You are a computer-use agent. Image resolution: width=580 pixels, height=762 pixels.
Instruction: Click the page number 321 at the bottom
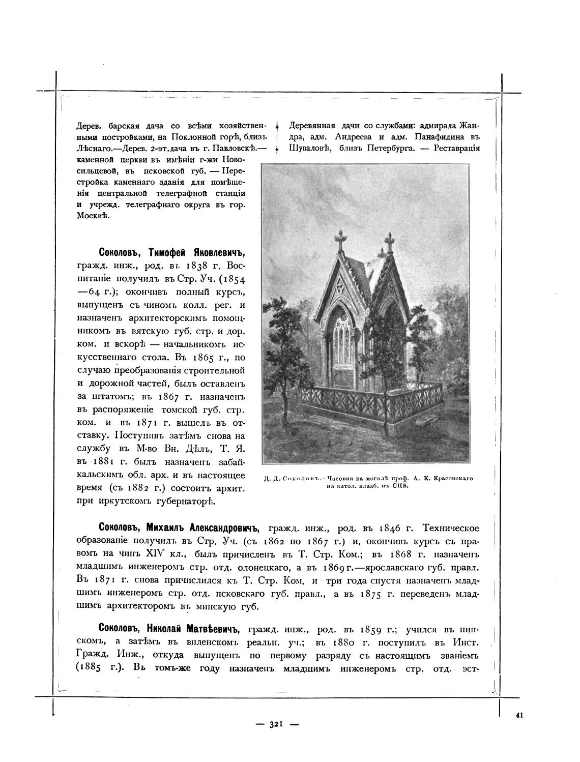tap(276, 724)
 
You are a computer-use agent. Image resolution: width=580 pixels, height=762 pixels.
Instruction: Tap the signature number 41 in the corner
tap(519, 714)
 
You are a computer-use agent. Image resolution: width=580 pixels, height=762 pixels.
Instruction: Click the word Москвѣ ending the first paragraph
tap(94, 216)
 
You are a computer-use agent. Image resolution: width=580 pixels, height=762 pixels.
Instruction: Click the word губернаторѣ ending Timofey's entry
tap(188, 502)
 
